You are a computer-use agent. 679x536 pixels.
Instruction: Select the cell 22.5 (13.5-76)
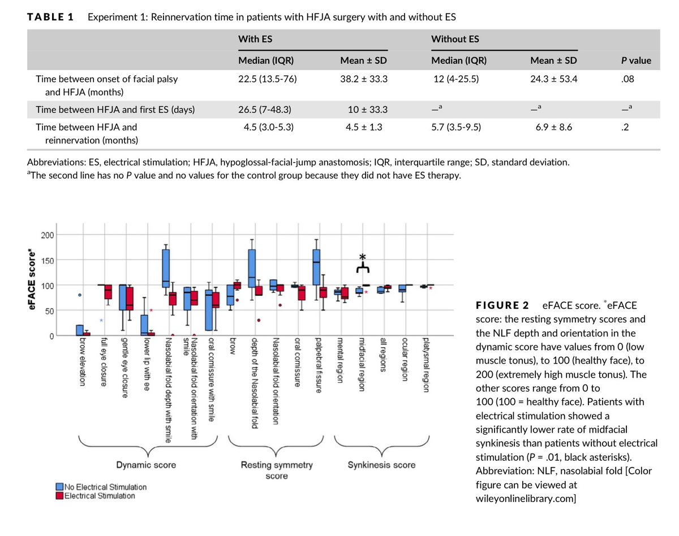point(268,80)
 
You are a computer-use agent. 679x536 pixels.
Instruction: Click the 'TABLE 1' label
point(50,16)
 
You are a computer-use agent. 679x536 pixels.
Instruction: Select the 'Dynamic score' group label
point(146,465)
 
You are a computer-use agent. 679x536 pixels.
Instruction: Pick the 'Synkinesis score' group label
point(381,465)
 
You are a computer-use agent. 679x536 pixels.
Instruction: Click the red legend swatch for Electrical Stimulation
point(59,496)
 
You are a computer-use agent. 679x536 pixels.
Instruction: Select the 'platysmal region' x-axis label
point(426,365)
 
